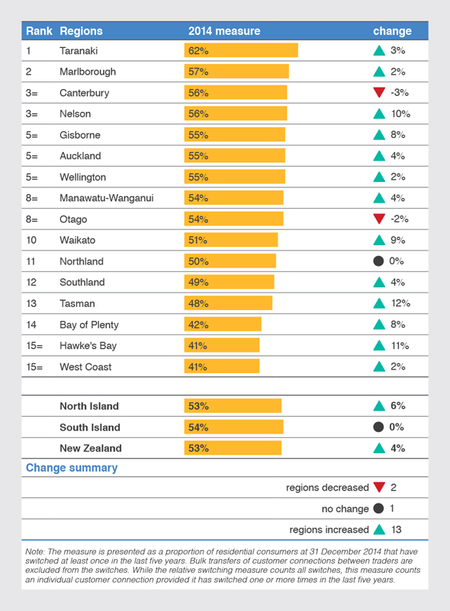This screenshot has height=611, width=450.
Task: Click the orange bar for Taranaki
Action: [x=241, y=50]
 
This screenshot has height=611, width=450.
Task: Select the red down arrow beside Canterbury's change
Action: [x=378, y=93]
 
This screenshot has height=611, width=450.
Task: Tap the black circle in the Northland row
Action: [x=378, y=261]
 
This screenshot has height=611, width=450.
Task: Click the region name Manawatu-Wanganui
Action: [x=107, y=198]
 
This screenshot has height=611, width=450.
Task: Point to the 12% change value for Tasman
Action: [x=400, y=303]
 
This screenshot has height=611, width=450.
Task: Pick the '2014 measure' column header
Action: [x=224, y=31]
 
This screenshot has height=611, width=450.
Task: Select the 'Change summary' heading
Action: [x=72, y=468]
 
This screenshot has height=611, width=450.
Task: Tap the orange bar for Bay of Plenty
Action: [x=223, y=325]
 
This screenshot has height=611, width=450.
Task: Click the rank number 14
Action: [x=31, y=325]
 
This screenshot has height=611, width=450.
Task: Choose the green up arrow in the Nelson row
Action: [x=378, y=114]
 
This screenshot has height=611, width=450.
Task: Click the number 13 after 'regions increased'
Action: [x=396, y=529]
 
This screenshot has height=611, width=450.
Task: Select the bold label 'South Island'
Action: [x=90, y=427]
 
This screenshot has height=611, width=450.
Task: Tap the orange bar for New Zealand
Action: [x=233, y=448]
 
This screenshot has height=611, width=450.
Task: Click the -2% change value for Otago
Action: [x=399, y=219]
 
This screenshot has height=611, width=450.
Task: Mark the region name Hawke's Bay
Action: [x=88, y=345]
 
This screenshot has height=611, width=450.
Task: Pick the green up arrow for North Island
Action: [x=378, y=406]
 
